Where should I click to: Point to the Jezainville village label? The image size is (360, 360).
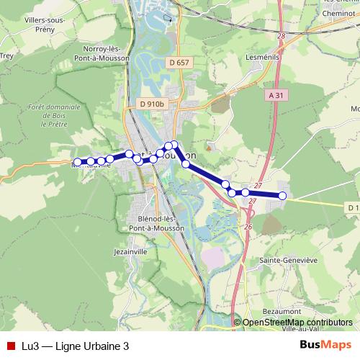[x=130, y=253]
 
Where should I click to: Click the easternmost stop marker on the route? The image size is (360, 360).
[x=282, y=196]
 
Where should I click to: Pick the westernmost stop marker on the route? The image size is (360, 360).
[x=78, y=162]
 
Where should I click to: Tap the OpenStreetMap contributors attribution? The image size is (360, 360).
[x=297, y=323]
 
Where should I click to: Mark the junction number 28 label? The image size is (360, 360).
[x=281, y=35]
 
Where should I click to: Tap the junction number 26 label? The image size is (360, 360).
[x=248, y=227]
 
